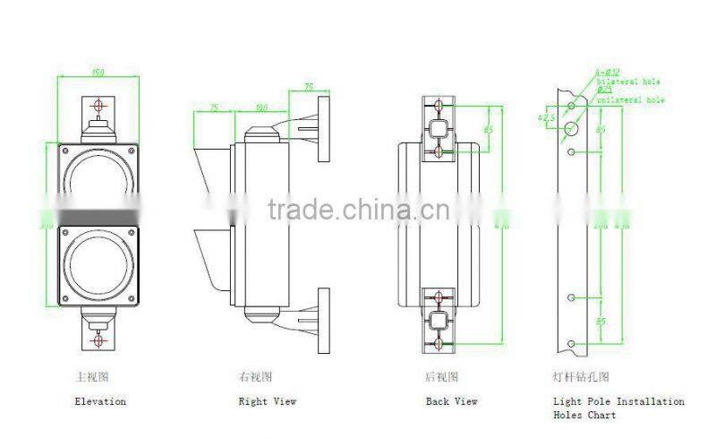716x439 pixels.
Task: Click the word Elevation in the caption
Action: tap(99, 401)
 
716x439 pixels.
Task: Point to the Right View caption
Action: tap(267, 401)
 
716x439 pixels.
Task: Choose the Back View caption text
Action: tap(451, 401)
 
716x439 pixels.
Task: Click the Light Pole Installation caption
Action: tap(618, 401)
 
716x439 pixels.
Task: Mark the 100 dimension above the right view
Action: tap(261, 108)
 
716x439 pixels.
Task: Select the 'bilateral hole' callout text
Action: tap(626, 81)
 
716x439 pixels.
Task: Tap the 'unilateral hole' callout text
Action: tap(631, 100)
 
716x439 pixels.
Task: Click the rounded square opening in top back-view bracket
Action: tap(439, 128)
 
